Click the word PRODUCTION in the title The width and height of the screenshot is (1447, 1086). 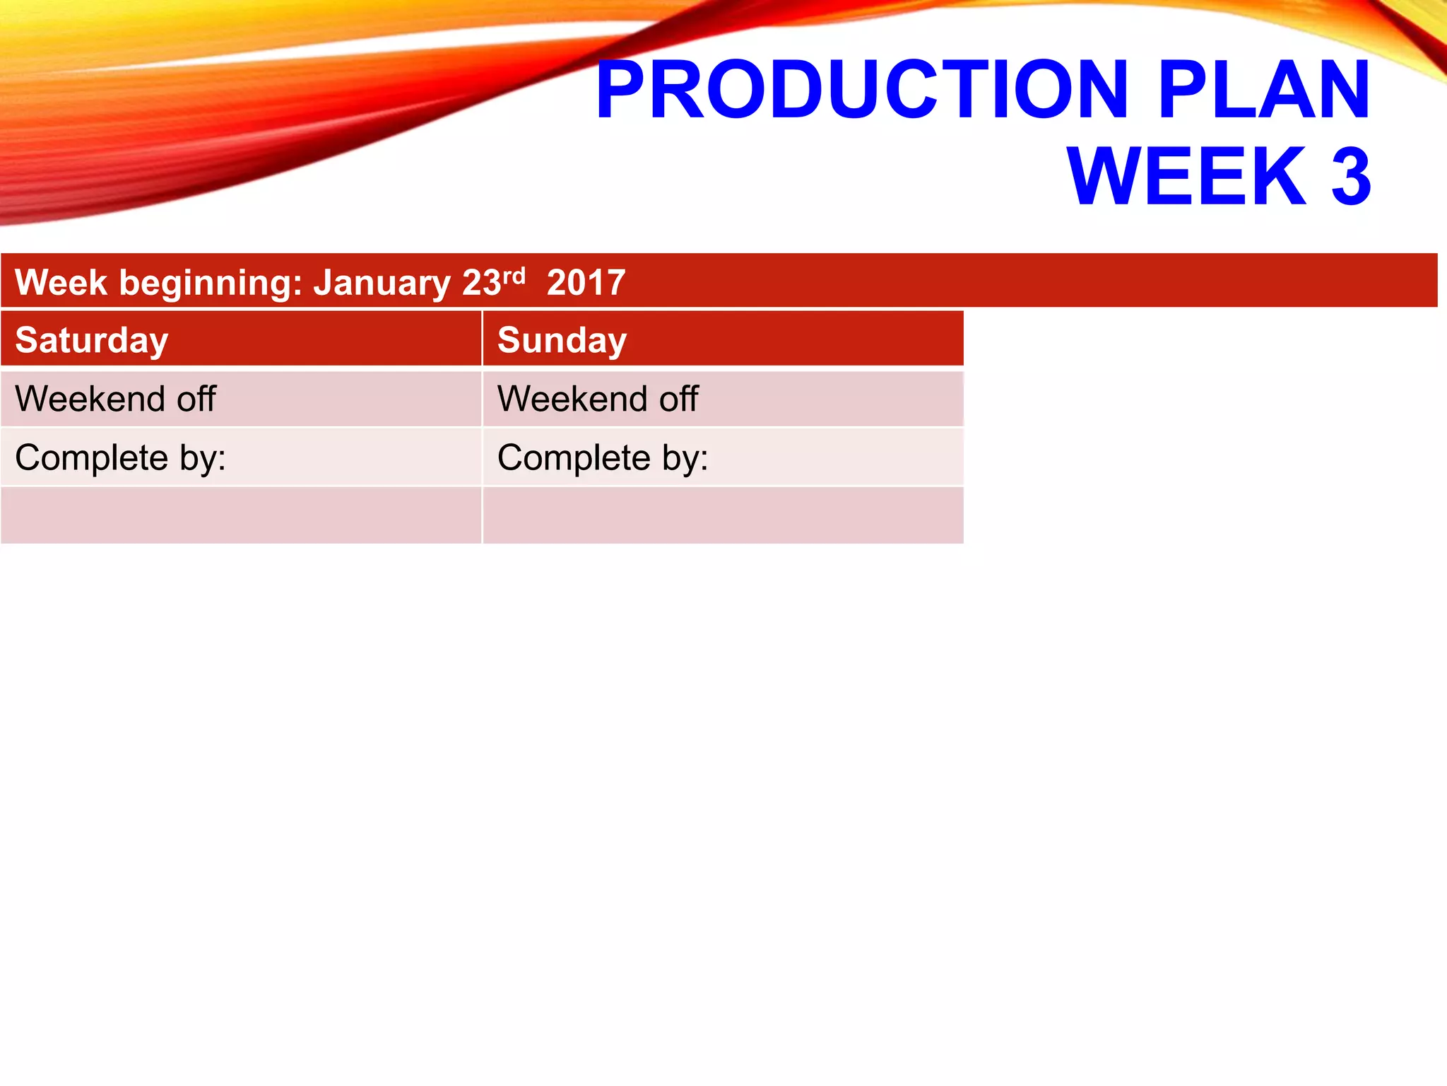click(x=861, y=90)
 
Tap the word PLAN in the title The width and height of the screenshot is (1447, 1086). click(x=1264, y=90)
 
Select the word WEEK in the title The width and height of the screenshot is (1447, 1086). click(x=1187, y=177)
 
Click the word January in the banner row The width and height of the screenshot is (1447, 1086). click(x=382, y=284)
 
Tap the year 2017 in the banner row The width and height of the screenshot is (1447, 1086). click(x=586, y=283)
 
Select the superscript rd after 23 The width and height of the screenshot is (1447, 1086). click(x=514, y=275)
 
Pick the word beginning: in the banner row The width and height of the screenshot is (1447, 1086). click(x=211, y=284)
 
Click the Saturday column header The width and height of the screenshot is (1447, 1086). click(x=92, y=340)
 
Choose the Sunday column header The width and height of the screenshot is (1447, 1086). click(x=562, y=340)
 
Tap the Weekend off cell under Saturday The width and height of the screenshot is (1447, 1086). click(x=240, y=399)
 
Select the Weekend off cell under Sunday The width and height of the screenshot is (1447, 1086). click(x=722, y=399)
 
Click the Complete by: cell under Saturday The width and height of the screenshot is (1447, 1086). click(x=240, y=457)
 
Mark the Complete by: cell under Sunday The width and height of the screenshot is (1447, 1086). click(x=722, y=457)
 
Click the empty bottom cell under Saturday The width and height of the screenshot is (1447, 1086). click(x=240, y=515)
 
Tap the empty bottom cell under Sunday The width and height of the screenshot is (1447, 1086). click(x=722, y=515)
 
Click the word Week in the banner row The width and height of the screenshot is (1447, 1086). click(x=61, y=283)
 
